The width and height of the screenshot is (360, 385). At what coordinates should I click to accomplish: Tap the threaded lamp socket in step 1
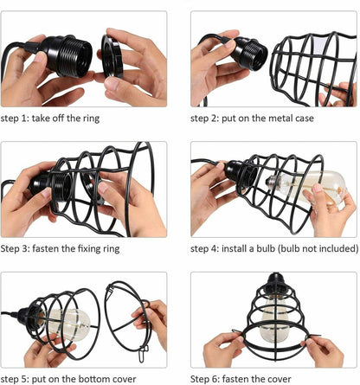pyautogui.click(x=67, y=55)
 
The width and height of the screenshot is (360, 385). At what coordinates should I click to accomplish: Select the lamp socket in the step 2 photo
pyautogui.click(x=249, y=54)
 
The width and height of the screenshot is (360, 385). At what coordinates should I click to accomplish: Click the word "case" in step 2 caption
pyautogui.click(x=304, y=119)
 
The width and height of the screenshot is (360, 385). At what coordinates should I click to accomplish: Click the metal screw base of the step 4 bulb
pyautogui.click(x=272, y=183)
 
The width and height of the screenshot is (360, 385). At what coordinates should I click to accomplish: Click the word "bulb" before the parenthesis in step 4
pyautogui.click(x=265, y=248)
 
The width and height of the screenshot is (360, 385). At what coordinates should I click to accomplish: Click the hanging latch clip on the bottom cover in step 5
pyautogui.click(x=143, y=354)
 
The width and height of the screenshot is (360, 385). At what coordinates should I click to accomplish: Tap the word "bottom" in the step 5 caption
pyautogui.click(x=96, y=379)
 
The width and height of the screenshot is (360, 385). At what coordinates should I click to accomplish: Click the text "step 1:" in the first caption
pyautogui.click(x=15, y=119)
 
